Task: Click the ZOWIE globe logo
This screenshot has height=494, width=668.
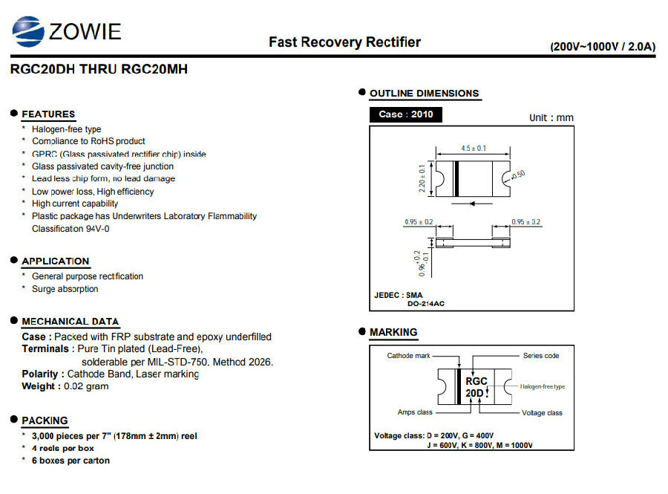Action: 28,31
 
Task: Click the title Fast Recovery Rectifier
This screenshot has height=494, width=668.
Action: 344,42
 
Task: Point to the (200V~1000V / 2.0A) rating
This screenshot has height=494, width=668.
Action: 603,47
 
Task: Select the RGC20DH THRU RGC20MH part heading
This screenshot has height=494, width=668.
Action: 99,69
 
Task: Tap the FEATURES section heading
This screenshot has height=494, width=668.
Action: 48,114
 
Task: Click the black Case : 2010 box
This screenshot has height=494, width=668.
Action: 405,114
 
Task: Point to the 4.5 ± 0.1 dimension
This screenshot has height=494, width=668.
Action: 474,149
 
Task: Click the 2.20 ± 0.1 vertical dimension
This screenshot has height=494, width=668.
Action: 422,178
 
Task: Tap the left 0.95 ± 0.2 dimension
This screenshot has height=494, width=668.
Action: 419,222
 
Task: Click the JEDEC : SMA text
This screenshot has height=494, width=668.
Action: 399,295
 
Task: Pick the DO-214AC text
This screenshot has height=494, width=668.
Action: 425,304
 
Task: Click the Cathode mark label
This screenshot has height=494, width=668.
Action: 408,356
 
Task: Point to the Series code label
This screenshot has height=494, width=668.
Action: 541,356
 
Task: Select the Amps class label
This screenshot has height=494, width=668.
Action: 415,412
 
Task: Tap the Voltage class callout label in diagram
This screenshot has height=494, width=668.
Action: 542,412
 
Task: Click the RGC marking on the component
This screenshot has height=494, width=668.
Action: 477,381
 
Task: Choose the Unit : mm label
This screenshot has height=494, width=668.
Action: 551,117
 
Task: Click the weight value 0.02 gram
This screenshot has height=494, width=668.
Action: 86,386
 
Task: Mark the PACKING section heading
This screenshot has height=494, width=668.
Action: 45,420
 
